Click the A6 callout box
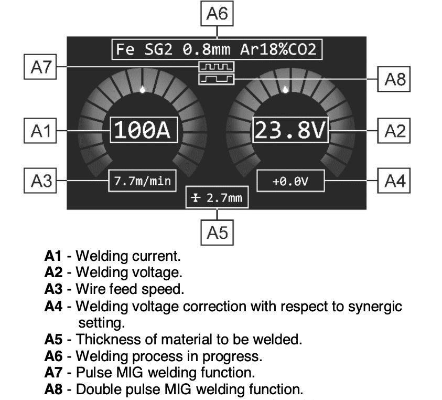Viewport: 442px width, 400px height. [217, 13]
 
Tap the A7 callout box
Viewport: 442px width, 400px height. [40, 67]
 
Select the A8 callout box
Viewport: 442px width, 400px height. [394, 79]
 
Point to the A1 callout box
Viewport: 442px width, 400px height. [40, 131]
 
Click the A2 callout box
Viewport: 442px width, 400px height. [394, 131]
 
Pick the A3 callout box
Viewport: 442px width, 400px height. [40, 181]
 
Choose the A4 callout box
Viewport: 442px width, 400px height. [394, 181]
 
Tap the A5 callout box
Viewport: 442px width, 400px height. [217, 233]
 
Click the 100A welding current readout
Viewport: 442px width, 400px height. [144, 130]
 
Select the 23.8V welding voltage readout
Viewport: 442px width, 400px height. [290, 130]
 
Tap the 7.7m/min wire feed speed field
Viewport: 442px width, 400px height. [143, 181]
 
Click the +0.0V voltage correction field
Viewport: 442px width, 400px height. [290, 181]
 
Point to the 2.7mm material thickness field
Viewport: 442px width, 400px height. [217, 197]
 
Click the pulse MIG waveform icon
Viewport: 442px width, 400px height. [217, 67]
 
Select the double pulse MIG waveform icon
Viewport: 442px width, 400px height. [217, 79]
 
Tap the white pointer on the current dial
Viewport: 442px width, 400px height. [143, 89]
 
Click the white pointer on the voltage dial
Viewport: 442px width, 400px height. [286, 89]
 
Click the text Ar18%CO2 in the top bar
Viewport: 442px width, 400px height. [278, 49]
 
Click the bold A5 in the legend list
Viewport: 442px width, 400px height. [53, 339]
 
